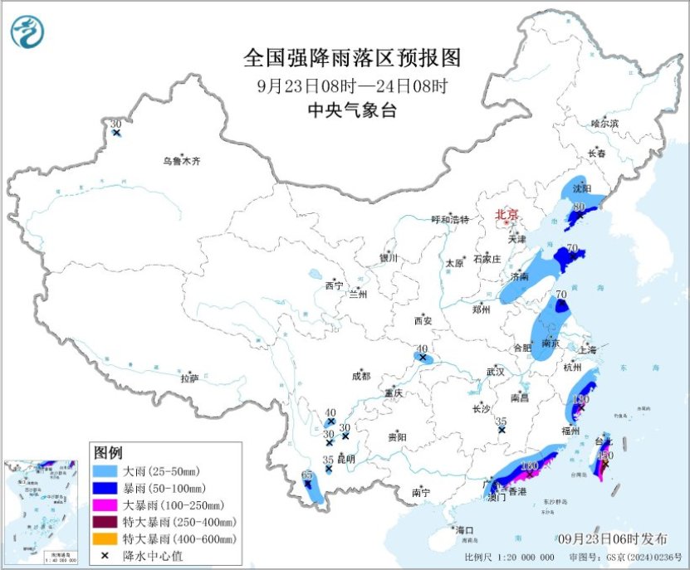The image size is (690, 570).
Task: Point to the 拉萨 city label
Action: pyautogui.click(x=189, y=378)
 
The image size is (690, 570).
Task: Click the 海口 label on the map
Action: pyautogui.click(x=463, y=530)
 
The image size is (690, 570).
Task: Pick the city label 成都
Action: pyautogui.click(x=361, y=376)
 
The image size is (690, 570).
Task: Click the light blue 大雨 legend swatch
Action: pyautogui.click(x=105, y=471)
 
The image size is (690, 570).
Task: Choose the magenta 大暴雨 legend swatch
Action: pyautogui.click(x=105, y=504)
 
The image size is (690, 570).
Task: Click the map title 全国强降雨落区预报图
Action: pyautogui.click(x=352, y=58)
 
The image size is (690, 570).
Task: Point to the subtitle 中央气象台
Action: pyautogui.click(x=352, y=110)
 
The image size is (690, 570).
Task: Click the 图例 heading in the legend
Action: pyautogui.click(x=108, y=452)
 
